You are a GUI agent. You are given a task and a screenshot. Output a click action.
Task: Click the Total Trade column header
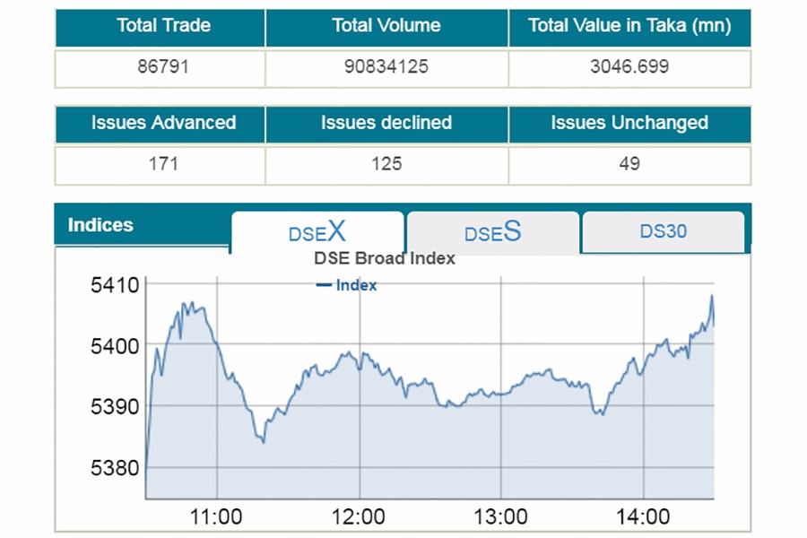(161, 26)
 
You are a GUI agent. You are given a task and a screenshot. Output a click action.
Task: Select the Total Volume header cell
(386, 26)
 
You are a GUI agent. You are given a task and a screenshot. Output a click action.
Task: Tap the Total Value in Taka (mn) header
(629, 26)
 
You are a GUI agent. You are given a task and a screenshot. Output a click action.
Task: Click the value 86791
(161, 67)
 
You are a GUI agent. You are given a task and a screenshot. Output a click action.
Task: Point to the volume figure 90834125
(386, 67)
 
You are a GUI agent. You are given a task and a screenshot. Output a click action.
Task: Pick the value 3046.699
(629, 67)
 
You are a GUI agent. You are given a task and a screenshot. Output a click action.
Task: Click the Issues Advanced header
(163, 123)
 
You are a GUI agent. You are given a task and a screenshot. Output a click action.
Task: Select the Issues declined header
(386, 123)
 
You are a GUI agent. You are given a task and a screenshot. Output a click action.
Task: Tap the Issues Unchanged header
(629, 123)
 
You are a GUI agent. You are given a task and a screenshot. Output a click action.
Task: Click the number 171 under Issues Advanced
(163, 164)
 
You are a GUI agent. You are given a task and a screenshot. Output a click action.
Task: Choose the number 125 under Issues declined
(386, 164)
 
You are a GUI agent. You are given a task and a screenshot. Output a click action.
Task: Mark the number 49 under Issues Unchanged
(629, 164)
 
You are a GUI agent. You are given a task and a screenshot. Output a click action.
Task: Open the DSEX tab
(317, 233)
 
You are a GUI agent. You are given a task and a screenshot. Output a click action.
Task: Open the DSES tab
(492, 233)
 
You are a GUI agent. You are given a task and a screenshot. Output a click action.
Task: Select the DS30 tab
(664, 231)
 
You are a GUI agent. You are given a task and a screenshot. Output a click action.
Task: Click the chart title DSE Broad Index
(385, 258)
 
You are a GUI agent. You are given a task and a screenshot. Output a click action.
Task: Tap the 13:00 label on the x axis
(500, 517)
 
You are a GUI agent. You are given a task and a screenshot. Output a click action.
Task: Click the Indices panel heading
(100, 225)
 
